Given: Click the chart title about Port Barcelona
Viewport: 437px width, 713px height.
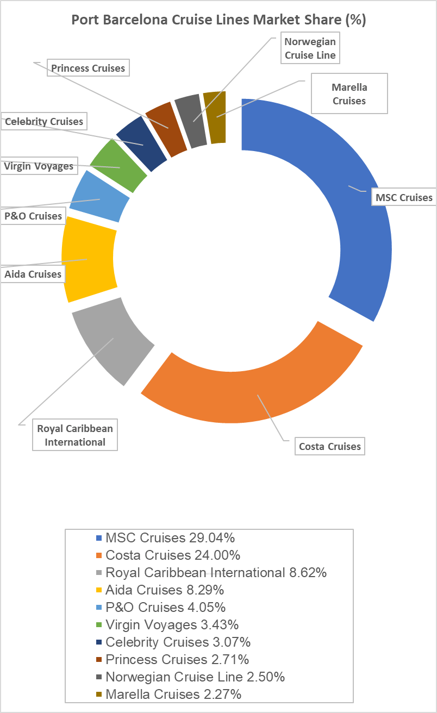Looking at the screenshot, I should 218,20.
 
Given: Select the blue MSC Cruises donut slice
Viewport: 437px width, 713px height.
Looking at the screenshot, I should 348,207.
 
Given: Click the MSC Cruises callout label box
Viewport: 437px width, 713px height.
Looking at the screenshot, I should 404,197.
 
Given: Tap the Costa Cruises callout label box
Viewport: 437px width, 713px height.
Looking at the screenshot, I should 330,447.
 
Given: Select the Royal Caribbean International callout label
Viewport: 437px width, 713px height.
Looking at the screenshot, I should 75,435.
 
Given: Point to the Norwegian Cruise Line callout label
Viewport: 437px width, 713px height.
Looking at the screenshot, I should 310,48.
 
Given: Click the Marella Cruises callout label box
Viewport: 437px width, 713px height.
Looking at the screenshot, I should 349,93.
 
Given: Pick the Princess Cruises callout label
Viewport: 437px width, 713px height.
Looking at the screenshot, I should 88,68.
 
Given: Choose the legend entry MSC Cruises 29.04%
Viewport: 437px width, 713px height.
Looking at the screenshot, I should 170,538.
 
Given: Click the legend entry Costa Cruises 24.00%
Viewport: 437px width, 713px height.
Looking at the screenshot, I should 173,555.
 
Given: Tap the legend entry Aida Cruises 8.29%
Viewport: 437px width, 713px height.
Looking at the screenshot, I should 165,590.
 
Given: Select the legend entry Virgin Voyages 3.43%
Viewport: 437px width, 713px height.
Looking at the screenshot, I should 172,625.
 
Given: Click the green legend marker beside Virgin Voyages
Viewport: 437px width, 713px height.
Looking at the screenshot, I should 99,625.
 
